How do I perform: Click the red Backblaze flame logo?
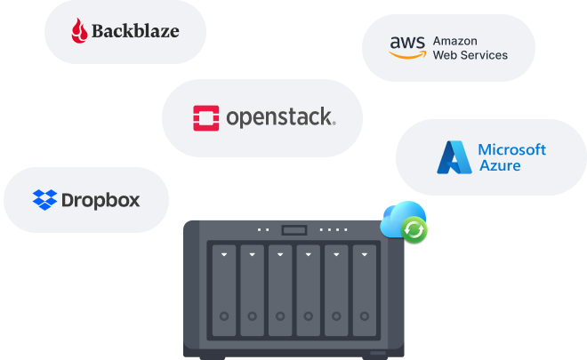coord(79,31)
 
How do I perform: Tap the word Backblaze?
coord(135,31)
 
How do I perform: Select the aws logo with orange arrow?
coord(407,47)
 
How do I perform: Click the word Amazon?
coord(454,41)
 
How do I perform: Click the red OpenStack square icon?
coord(206,118)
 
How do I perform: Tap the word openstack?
coord(281,117)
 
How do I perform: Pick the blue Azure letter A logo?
coord(454,157)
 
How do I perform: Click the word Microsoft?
coord(511,149)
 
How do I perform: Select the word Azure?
coord(500,165)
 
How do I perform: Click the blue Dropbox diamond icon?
coord(45,200)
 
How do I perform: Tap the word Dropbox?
coord(101,201)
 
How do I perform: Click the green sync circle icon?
coord(414,229)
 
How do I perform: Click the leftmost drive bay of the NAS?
coord(224,291)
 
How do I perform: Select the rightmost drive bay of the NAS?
coord(365,291)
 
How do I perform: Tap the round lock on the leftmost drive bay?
coord(224,316)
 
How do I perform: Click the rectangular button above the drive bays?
coord(294,230)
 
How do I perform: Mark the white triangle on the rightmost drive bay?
coord(365,254)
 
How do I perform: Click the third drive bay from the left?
coord(280,291)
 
